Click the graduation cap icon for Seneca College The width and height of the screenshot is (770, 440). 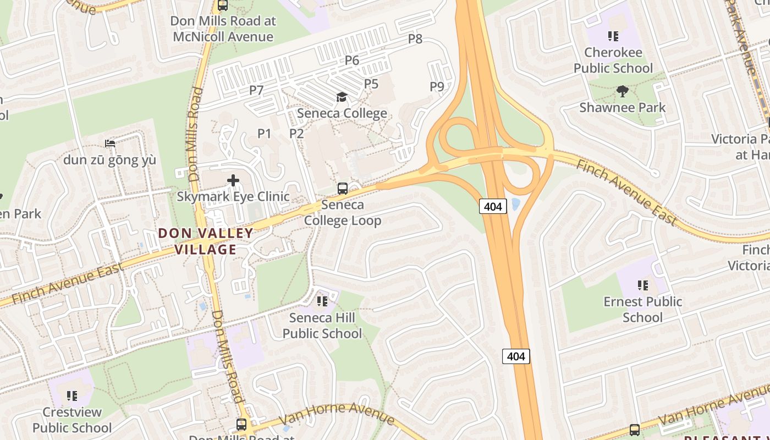[x=342, y=97]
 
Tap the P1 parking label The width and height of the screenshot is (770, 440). [x=265, y=133]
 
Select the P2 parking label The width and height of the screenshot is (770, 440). [x=296, y=133]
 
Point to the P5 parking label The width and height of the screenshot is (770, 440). [x=371, y=84]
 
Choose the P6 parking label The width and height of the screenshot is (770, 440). [x=352, y=61]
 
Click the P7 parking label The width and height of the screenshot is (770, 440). [x=256, y=90]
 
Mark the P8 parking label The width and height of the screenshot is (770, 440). [x=415, y=38]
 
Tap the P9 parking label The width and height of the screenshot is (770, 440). [x=437, y=86]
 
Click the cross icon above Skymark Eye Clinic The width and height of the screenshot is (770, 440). [x=233, y=180]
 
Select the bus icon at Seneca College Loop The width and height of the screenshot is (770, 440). [x=343, y=188]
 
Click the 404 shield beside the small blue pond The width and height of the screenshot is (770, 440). [x=493, y=206]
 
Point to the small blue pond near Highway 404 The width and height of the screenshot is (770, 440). [x=515, y=205]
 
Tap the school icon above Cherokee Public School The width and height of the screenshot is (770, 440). [x=613, y=36]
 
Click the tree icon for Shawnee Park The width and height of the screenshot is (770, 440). [x=623, y=91]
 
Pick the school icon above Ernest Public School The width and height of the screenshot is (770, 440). [x=642, y=285]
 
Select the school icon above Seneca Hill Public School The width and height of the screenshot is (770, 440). [x=322, y=301]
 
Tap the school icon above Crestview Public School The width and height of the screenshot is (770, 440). [x=72, y=395]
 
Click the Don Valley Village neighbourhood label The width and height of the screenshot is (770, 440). [x=206, y=241]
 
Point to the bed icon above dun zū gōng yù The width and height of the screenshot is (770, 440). [x=110, y=144]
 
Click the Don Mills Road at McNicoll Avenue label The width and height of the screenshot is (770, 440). [x=223, y=29]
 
